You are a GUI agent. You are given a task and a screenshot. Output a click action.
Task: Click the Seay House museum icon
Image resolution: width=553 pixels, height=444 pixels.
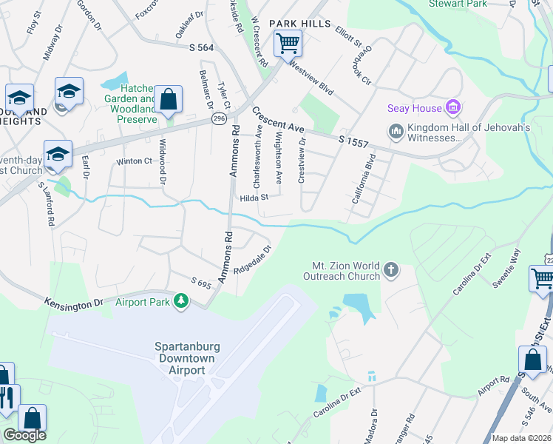tap(452, 109)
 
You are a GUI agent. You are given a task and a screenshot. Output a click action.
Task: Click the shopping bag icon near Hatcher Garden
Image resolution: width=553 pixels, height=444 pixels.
tap(168, 99)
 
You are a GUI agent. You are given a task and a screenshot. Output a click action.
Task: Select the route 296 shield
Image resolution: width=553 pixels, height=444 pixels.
tap(220, 118)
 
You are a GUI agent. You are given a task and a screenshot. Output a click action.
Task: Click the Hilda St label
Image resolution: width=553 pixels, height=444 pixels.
tap(253, 198)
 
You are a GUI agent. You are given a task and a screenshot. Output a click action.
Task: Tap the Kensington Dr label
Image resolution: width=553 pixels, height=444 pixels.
tap(73, 303)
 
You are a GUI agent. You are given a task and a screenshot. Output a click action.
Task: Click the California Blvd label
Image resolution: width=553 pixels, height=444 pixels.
tap(364, 179)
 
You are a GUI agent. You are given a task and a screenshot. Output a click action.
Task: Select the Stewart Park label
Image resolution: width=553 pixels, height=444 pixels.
tap(457, 4)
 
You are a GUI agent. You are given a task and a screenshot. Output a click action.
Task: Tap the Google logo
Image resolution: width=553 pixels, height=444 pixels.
tap(24, 434)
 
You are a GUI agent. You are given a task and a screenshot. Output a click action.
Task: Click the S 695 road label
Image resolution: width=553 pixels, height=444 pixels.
tap(201, 283)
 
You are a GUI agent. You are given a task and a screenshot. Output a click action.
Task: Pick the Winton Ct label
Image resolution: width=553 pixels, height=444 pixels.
tap(133, 161)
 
